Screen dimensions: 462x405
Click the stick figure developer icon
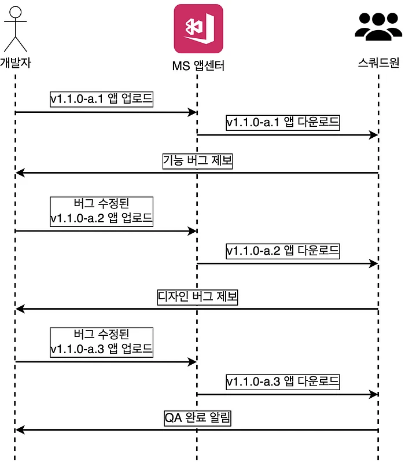coord(16,28)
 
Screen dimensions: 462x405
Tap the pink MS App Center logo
coord(198,29)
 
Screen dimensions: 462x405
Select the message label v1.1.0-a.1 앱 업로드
coord(101,99)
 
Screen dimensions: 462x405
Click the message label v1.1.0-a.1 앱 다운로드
coord(283,122)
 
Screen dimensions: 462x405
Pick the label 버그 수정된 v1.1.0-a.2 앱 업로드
coord(101,211)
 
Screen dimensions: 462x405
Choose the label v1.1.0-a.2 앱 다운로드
coord(283,251)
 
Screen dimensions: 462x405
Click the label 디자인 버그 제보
coord(198,298)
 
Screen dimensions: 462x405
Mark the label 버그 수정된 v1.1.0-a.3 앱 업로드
coord(101,342)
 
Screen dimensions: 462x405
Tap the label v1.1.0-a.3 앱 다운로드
coord(283,382)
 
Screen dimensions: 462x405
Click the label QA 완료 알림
coord(197,418)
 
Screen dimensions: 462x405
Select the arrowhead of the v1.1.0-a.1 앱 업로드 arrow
coord(193,112)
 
